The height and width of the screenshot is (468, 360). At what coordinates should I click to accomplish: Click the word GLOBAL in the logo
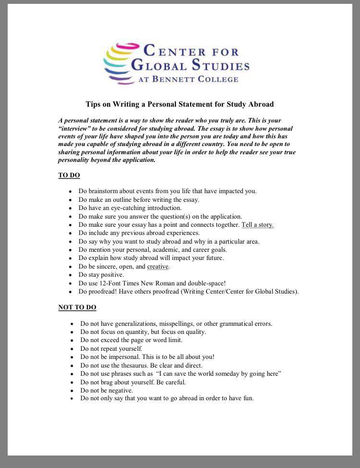(x=159, y=65)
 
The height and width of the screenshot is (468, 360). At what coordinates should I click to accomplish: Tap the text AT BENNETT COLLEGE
(x=188, y=79)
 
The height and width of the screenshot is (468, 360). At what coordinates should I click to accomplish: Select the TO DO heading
(x=69, y=175)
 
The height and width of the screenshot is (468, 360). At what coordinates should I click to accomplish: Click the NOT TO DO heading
(x=77, y=308)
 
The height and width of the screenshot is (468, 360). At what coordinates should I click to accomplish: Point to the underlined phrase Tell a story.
(x=257, y=225)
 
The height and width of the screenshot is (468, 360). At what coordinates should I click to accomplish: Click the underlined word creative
(x=157, y=267)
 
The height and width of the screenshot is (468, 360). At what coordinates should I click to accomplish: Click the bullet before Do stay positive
(x=71, y=275)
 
